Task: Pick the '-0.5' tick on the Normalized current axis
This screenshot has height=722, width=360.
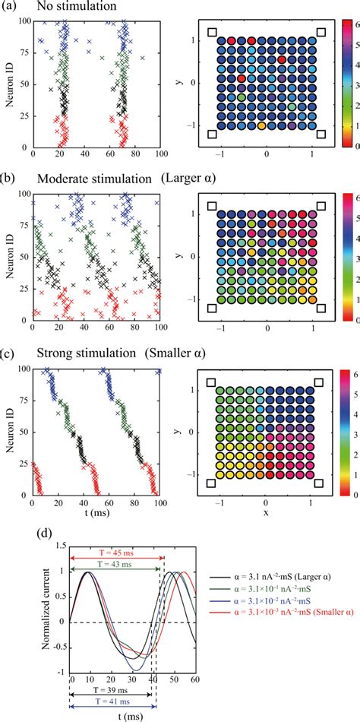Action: pyautogui.click(x=59, y=647)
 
